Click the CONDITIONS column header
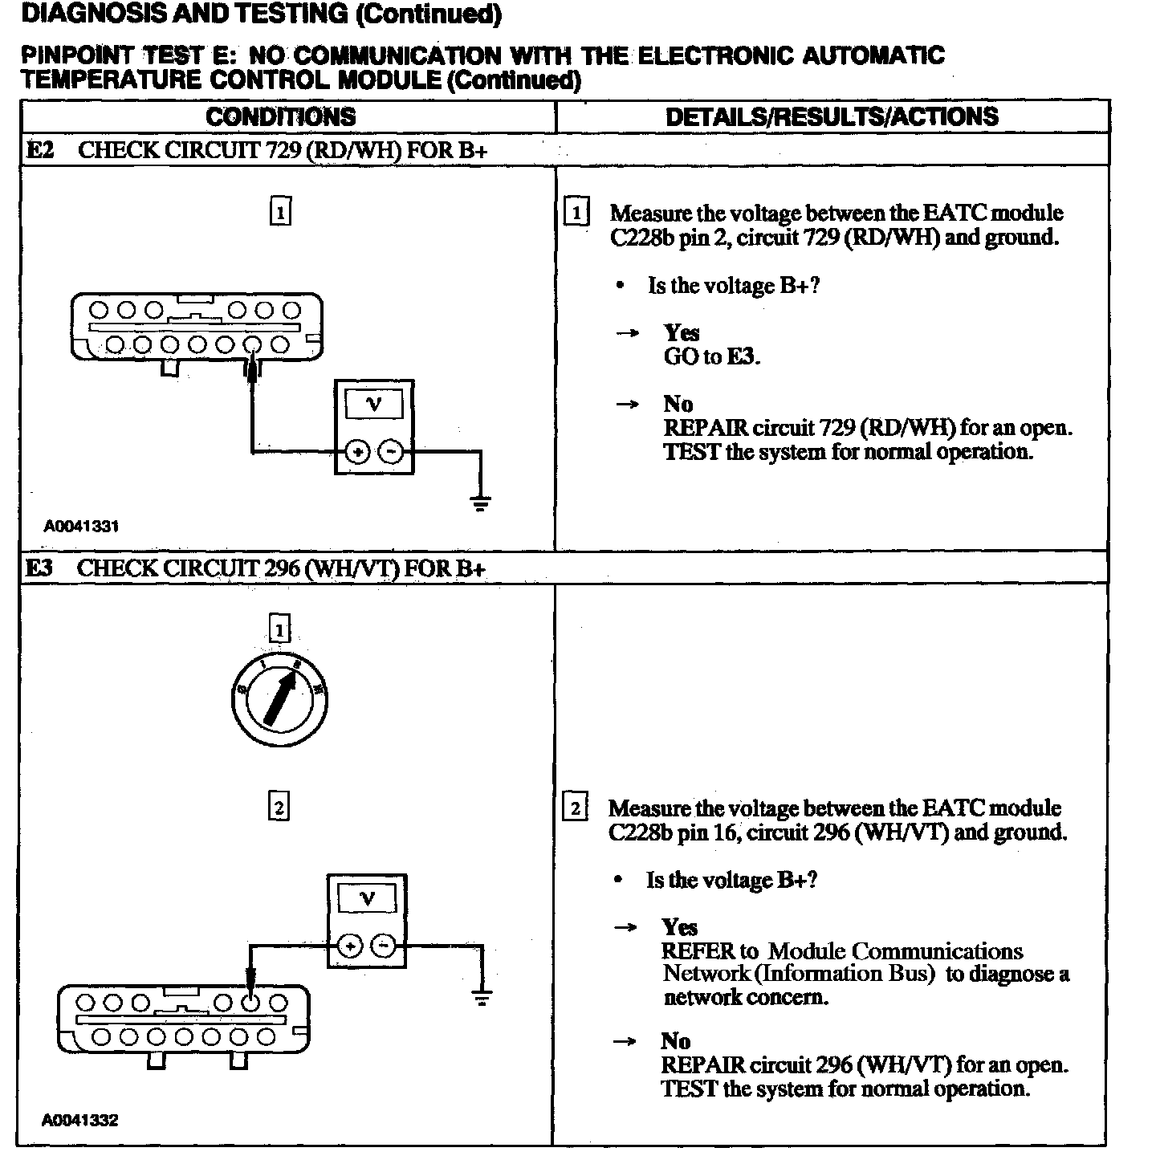coord(280,117)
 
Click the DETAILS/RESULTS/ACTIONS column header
coord(832,117)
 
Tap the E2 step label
coord(39,150)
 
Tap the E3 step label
coord(39,568)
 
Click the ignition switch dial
coord(279,698)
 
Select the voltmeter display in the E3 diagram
coord(367,898)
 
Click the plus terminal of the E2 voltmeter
coord(357,453)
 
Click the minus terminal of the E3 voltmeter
coord(385,946)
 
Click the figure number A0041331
coord(81,527)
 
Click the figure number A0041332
coord(79,1121)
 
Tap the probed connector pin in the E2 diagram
coord(253,345)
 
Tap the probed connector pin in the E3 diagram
coord(250,1002)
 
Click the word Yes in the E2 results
coord(681,332)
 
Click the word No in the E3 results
coord(675,1041)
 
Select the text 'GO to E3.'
coord(710,356)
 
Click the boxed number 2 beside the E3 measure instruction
coord(575,808)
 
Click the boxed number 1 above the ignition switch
coord(279,629)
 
